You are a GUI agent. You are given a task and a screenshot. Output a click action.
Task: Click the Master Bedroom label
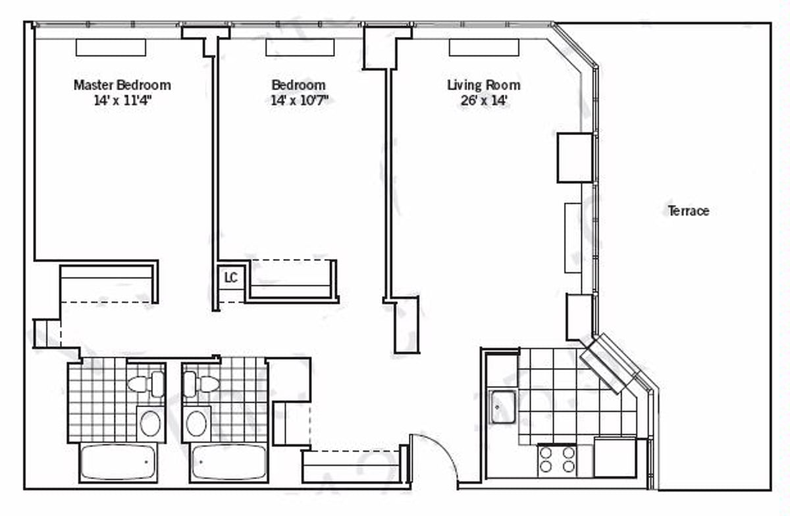(x=122, y=85)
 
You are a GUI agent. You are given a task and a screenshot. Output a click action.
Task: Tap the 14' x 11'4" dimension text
(x=123, y=101)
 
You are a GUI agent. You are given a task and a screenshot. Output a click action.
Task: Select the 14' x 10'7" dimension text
(x=299, y=101)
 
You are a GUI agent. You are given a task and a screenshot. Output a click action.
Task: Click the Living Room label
(x=484, y=85)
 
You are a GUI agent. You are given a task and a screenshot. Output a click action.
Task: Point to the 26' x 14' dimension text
(x=483, y=101)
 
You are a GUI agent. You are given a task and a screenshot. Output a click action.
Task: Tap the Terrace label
(x=689, y=211)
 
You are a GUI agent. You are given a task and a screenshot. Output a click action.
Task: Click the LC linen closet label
(x=230, y=278)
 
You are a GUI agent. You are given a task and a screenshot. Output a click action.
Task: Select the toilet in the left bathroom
(x=146, y=384)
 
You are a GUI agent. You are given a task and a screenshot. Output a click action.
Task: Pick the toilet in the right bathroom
(x=200, y=384)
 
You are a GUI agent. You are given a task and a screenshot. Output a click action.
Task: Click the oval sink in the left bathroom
(x=149, y=424)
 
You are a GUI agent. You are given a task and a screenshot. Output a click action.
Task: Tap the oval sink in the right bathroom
(x=196, y=424)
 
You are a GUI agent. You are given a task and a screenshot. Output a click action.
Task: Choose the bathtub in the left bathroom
(x=118, y=462)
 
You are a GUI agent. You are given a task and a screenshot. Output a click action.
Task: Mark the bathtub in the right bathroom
(x=230, y=462)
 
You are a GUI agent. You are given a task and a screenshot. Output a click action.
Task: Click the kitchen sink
(x=502, y=407)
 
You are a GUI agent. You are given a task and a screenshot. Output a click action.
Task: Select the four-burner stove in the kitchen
(x=557, y=460)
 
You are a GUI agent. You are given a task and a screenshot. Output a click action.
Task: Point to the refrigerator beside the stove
(x=615, y=457)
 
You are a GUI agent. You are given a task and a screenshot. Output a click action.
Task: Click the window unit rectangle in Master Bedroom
(x=111, y=47)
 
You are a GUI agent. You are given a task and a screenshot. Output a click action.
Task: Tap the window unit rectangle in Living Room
(x=484, y=47)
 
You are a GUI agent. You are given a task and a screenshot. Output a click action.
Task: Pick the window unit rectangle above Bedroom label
(x=300, y=47)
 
